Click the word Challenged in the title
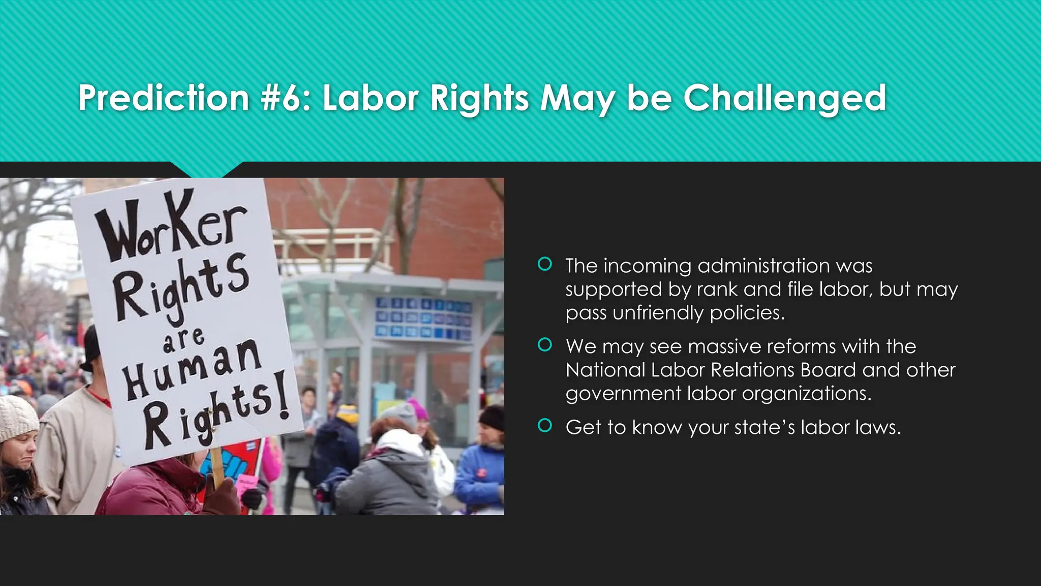[x=784, y=98]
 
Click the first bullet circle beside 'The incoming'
[x=544, y=264]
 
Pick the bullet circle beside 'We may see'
[x=544, y=345]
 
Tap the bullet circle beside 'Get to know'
[x=544, y=425]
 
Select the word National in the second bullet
[x=605, y=370]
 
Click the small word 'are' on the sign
[x=183, y=340]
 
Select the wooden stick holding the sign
[x=218, y=465]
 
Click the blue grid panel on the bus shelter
[x=423, y=319]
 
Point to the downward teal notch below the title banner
[x=206, y=169]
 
